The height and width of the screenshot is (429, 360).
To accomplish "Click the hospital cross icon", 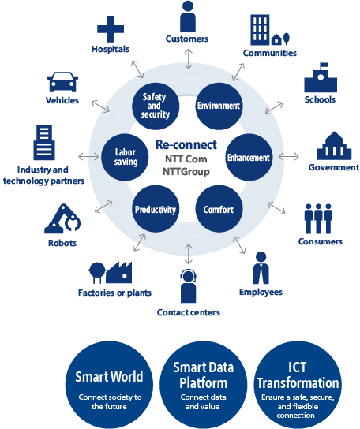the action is coord(111,29).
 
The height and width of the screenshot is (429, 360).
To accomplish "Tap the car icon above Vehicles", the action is coord(62,82).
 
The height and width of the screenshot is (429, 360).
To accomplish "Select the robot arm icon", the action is coord(62,219).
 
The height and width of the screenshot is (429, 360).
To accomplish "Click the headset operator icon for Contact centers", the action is coord(189,286).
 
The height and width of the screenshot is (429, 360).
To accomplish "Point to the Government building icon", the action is coord(334,146).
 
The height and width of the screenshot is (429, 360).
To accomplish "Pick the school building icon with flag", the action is coord(321,77).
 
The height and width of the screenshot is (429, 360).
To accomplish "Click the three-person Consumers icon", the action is coord(318,219).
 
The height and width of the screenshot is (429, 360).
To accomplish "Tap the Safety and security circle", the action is coord(156,106).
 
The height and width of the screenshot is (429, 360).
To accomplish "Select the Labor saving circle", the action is coord(125,157).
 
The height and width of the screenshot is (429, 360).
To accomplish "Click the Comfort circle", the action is coord(219,209).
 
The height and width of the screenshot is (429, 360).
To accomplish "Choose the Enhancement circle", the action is coord(249,157).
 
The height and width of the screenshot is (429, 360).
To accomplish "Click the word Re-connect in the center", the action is coord(186,145).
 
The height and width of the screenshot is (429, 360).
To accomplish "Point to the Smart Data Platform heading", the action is coord(203,375).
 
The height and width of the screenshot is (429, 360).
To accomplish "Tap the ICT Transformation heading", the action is coord(298,375).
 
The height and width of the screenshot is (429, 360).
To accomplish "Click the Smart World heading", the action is coord(109,376).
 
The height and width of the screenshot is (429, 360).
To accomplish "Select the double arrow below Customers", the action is coord(189,59).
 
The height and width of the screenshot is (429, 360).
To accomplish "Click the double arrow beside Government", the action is coord(289,157).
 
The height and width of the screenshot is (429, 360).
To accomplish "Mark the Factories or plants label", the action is coord(114,293).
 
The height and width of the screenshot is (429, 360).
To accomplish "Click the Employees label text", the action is coord(261,293).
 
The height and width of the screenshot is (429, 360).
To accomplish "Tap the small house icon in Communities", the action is coord(276,39).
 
